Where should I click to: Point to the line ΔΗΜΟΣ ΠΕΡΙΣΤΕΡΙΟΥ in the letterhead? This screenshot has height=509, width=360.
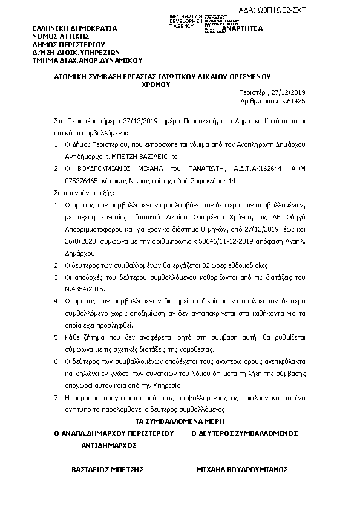point(69,44)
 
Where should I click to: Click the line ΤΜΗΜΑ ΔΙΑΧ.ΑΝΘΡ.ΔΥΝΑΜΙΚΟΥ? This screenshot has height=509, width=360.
point(87,60)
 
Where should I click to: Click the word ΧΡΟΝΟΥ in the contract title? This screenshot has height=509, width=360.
point(156,85)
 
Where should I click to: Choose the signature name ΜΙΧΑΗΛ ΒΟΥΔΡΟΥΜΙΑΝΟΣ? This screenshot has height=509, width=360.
point(242,469)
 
